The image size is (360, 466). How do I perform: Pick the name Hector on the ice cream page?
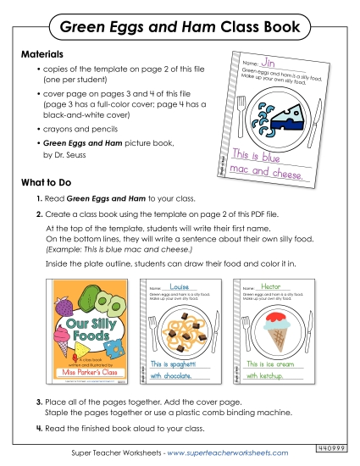(x=273, y=286)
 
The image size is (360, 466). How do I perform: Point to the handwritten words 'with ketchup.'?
(x=269, y=374)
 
